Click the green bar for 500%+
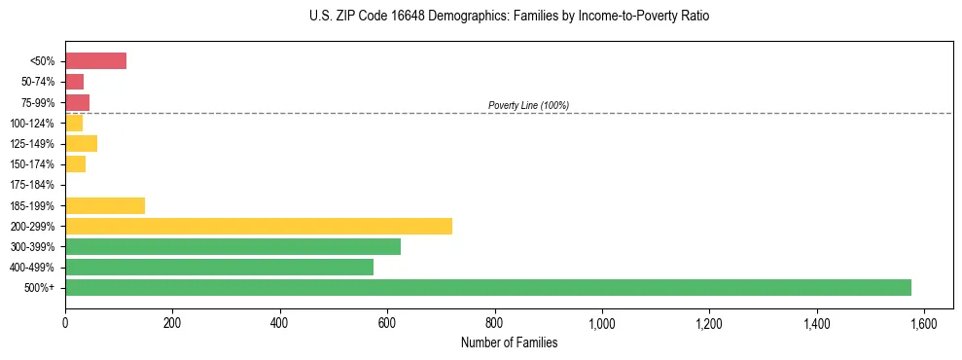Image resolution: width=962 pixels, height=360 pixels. point(488,288)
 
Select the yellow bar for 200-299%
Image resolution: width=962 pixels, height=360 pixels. point(259,227)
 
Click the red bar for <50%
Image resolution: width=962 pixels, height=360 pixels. point(96,61)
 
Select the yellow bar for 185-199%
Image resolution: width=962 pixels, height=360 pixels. point(105,205)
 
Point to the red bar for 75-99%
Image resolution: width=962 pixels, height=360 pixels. point(78,102)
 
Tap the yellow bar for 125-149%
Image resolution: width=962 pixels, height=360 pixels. point(82,144)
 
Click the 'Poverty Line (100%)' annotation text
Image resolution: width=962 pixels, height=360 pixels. point(528,105)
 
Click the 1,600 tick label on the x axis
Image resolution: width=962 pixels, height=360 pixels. point(923,323)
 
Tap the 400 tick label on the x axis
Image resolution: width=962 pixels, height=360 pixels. point(280,323)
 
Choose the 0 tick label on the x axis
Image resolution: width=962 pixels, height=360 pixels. point(65,323)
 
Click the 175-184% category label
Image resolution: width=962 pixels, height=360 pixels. point(32,185)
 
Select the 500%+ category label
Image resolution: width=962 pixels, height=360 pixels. point(39,288)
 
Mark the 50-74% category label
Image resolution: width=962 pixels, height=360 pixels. point(36,82)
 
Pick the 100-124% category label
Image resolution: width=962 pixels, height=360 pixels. point(32,124)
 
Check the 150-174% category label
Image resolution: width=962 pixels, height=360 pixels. point(32,164)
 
